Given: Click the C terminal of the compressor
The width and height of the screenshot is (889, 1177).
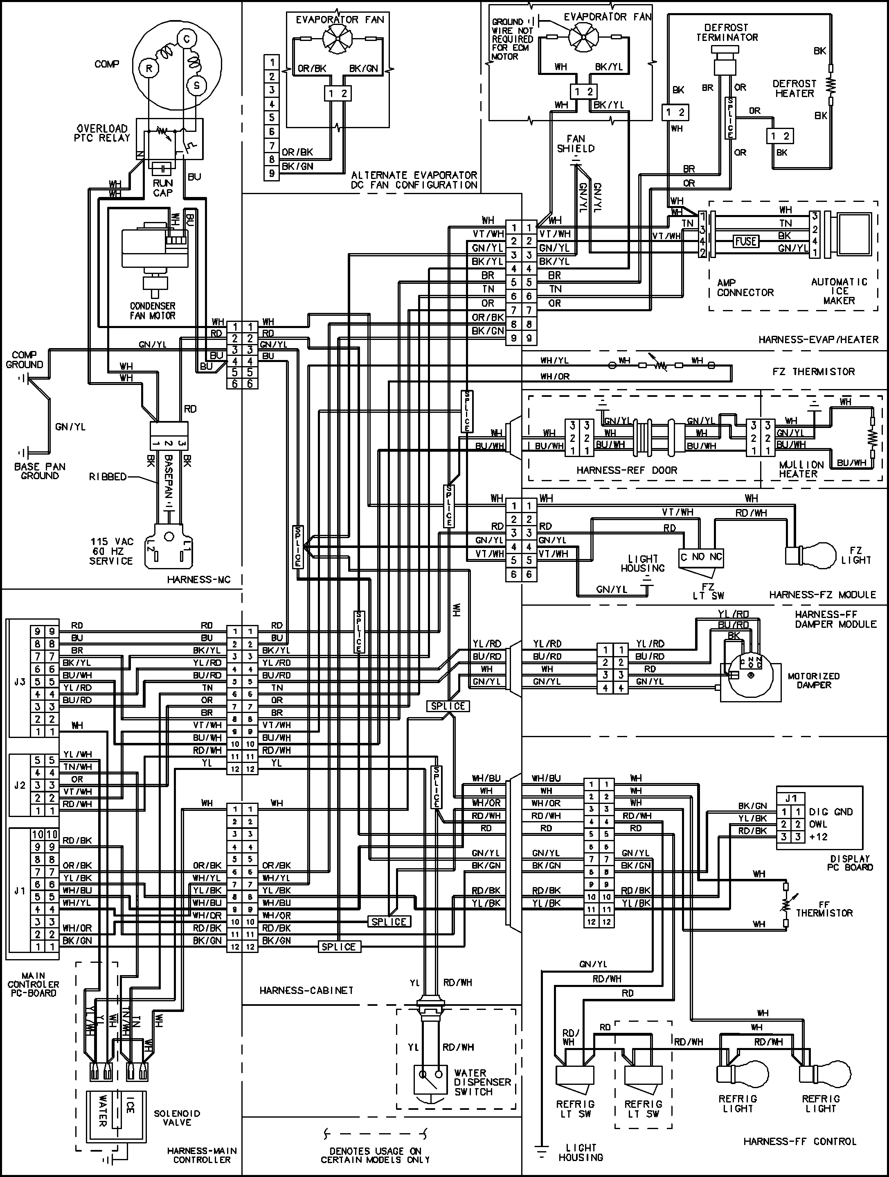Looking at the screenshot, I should click(x=186, y=38).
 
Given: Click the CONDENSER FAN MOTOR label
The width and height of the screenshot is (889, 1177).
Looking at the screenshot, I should click(x=153, y=311).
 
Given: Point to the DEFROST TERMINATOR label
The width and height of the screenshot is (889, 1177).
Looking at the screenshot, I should click(x=727, y=32).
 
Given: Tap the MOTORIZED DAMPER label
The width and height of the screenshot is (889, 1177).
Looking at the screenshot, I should click(x=813, y=681).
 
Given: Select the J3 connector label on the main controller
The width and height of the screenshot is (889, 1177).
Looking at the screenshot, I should click(x=20, y=681).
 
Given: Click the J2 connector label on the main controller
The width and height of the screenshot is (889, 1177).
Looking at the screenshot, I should click(x=20, y=785).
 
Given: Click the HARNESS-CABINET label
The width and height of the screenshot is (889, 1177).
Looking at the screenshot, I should click(x=306, y=991).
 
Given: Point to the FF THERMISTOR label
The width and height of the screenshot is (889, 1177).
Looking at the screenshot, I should click(x=824, y=908).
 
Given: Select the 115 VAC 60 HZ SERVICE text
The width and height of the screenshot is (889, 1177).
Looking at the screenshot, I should click(x=111, y=551).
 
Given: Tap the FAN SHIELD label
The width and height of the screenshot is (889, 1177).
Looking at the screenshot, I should click(x=576, y=144).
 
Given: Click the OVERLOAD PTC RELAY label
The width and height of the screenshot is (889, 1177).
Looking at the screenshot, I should click(x=103, y=133).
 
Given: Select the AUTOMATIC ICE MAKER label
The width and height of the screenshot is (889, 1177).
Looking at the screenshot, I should click(x=839, y=291).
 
